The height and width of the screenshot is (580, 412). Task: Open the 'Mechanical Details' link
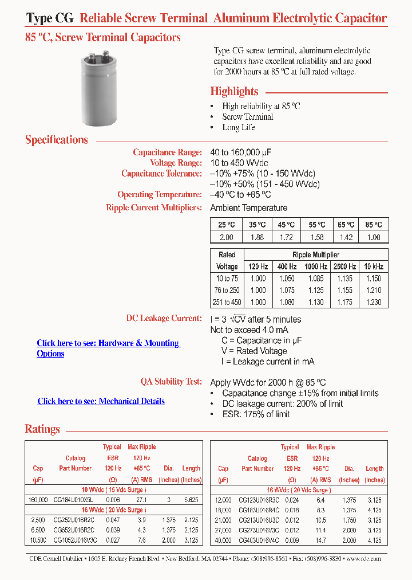pos(101,401)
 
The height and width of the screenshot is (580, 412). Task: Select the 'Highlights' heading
pos(234,92)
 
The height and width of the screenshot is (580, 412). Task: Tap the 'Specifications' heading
pos(57,140)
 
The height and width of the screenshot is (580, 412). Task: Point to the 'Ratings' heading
pos(42,429)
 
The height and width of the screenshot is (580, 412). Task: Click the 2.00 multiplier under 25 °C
pos(226,237)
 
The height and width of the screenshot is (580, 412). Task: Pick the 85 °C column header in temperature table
pos(374,225)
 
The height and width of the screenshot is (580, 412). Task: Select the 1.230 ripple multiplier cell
pos(373,303)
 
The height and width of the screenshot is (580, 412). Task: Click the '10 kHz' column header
pos(373,267)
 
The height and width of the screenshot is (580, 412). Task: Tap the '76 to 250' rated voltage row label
pos(227,291)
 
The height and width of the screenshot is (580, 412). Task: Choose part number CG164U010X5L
pos(75,500)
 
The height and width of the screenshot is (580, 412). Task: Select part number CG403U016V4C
pos(258,540)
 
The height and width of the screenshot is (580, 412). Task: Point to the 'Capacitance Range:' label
pos(167,152)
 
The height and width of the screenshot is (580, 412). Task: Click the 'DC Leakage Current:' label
pos(164,318)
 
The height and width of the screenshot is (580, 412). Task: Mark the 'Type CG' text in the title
pos(50,18)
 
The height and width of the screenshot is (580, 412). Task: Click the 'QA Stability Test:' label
pos(171,382)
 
